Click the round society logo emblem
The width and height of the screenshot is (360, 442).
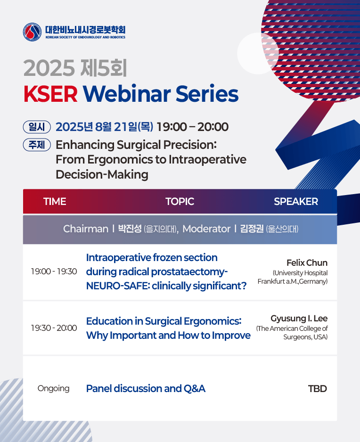pyautogui.click(x=32, y=32)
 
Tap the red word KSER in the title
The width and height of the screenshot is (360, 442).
pyautogui.click(x=50, y=94)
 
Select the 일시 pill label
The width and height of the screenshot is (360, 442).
pyautogui.click(x=37, y=127)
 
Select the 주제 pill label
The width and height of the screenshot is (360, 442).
pyautogui.click(x=37, y=145)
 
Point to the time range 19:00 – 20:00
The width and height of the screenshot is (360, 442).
pyautogui.click(x=193, y=127)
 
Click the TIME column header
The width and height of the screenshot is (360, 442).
pyautogui.click(x=55, y=202)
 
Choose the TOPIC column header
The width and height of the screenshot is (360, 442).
pyautogui.click(x=180, y=202)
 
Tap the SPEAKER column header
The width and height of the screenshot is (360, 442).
pyautogui.click(x=296, y=202)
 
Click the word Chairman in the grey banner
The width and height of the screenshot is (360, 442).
pyautogui.click(x=86, y=229)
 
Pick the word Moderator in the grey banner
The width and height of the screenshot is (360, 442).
pyautogui.click(x=206, y=229)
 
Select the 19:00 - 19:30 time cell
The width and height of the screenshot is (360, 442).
pyautogui.click(x=54, y=271)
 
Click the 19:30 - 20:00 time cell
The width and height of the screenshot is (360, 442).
pyautogui.click(x=54, y=328)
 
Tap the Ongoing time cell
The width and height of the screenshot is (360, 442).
pyautogui.click(x=54, y=388)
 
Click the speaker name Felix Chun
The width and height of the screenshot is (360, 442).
pyautogui.click(x=307, y=263)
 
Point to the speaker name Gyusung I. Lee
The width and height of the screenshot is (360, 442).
pyautogui.click(x=299, y=319)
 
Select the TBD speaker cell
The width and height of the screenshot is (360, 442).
pyautogui.click(x=318, y=389)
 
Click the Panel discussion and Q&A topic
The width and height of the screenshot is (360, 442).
pyautogui.click(x=146, y=388)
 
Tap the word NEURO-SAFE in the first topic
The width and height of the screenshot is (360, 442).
pyautogui.click(x=117, y=286)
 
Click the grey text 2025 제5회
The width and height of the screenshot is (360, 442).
pyautogui.click(x=75, y=68)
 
